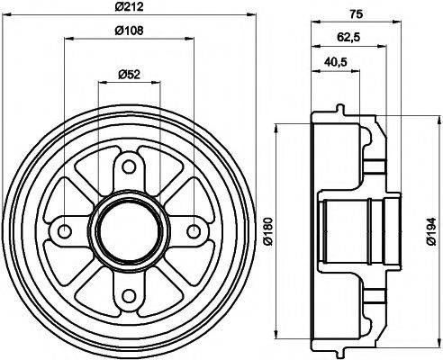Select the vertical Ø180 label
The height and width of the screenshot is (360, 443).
[x=267, y=232]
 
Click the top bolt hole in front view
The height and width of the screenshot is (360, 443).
[x=127, y=166]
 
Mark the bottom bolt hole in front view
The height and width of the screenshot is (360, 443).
[x=127, y=293]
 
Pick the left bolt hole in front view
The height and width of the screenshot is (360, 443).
[x=63, y=230]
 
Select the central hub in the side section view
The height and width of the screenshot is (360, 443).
[x=347, y=230]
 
